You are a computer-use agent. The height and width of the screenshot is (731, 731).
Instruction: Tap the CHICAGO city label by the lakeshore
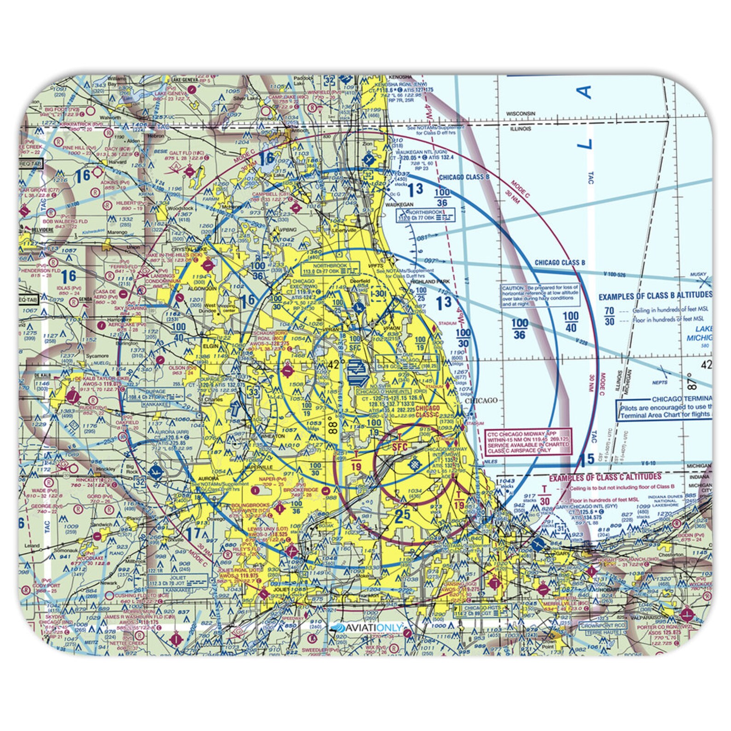click(x=482, y=400)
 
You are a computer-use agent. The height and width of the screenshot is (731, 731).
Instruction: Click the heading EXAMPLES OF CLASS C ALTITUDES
click(x=605, y=477)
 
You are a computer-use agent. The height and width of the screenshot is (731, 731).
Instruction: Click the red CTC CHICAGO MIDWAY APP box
click(x=528, y=441)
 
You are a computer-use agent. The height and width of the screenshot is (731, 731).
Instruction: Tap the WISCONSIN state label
click(x=521, y=113)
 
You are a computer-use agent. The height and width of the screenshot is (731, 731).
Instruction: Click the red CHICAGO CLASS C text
click(x=428, y=412)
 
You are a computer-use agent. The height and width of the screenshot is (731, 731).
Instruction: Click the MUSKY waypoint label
click(x=698, y=275)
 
